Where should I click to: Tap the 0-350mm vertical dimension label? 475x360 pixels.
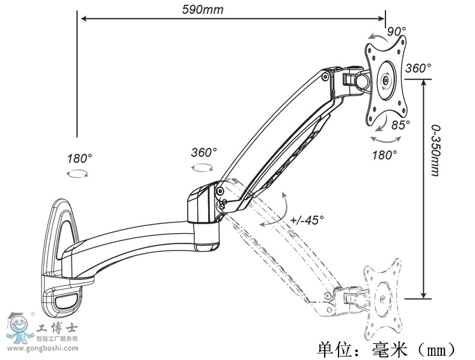point(435,150)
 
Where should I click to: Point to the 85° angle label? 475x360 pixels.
point(400,124)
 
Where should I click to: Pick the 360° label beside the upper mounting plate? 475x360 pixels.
point(418,69)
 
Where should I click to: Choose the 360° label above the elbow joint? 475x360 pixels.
point(204,152)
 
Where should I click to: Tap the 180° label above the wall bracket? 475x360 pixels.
point(79,159)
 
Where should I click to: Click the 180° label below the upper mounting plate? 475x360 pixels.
point(385,154)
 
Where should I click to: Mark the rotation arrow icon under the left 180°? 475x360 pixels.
point(78,173)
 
